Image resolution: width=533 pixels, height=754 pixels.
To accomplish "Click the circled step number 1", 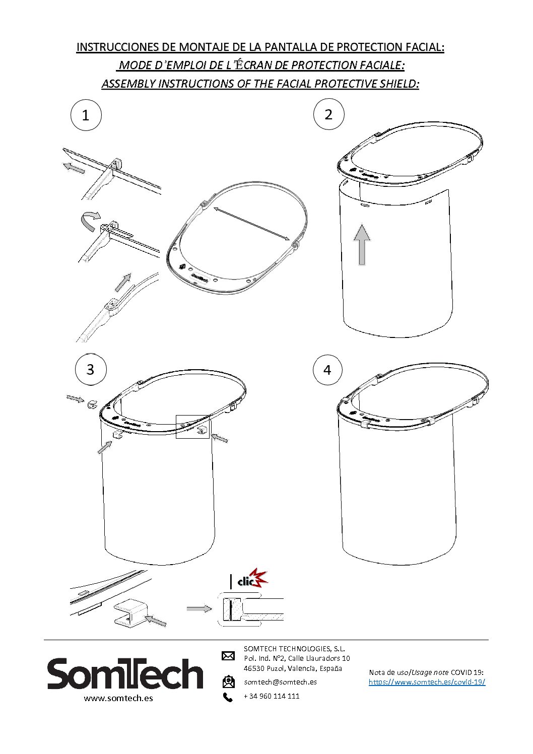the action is point(86,115).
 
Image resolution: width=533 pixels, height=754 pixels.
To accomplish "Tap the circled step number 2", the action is point(328,114).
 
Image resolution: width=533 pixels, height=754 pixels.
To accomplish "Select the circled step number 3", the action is point(91,369).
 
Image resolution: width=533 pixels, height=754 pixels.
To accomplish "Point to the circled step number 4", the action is point(327,370).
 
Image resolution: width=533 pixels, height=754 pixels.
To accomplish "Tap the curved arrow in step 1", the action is point(90,220).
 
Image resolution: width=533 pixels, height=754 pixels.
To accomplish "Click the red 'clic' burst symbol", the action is point(252,581).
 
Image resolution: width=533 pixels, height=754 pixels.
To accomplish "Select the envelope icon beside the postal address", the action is point(228,656).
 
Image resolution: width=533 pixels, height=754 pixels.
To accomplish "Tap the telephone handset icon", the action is point(228,697).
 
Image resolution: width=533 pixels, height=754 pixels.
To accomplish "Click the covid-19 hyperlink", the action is point(427,682).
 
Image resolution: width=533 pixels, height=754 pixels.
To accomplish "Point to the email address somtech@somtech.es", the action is point(280,682).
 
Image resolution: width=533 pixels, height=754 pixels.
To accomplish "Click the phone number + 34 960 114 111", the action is point(272,696).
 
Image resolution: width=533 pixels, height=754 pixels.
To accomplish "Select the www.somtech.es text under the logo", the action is point(118,698).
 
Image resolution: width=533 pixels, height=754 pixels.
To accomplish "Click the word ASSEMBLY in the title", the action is point(128,84).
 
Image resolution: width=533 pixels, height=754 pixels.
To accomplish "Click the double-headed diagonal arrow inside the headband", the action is point(252,224).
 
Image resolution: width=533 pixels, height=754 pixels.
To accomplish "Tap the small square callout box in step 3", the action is point(192,427).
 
